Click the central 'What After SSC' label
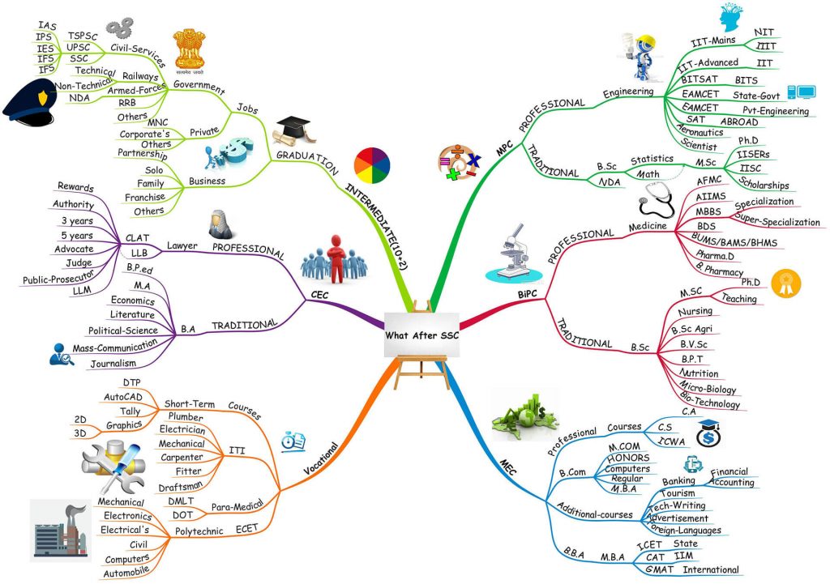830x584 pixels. pos(421,335)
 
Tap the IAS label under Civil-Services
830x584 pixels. pos(47,25)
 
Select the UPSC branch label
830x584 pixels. pos(79,47)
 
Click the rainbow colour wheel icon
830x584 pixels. pos(372,165)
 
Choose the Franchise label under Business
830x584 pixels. pos(145,198)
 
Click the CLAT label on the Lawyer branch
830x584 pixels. pos(137,238)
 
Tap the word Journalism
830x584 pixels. pos(113,364)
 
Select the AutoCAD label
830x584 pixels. pos(123,397)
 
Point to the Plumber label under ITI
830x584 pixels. pos(186,417)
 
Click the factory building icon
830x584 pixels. pos(60,530)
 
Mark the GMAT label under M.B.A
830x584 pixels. pos(660,569)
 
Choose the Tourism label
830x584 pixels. pos(678,493)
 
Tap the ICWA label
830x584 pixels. pos(672,441)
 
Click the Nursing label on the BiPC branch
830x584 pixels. pos(695,311)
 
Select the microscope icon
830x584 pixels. pos(512,254)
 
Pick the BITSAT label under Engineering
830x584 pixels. pos(700,79)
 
